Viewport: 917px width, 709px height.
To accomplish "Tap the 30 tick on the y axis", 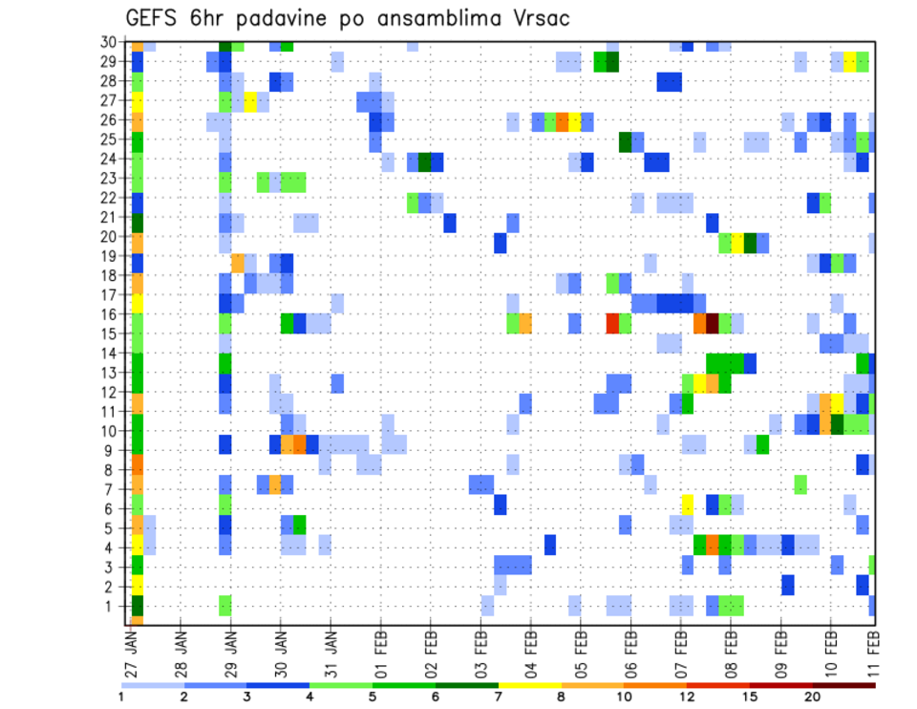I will [x=110, y=42].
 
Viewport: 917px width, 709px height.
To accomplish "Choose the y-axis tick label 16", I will [x=110, y=314].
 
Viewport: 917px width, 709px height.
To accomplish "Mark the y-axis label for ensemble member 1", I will [x=114, y=606].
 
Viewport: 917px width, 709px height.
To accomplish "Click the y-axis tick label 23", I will [x=110, y=178].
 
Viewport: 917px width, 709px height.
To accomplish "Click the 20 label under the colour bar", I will [x=813, y=698].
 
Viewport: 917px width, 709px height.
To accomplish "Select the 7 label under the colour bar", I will [x=498, y=698].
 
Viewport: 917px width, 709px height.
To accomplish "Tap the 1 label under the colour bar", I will [x=121, y=698].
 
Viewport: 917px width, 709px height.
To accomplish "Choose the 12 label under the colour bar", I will [x=688, y=698].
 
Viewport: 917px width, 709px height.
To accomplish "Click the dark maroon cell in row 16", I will [x=712, y=323].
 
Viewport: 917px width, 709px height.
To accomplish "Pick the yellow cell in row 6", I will [x=687, y=504].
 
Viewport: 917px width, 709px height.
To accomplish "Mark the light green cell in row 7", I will [x=800, y=485].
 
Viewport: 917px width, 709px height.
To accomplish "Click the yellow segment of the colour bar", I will [x=529, y=685].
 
